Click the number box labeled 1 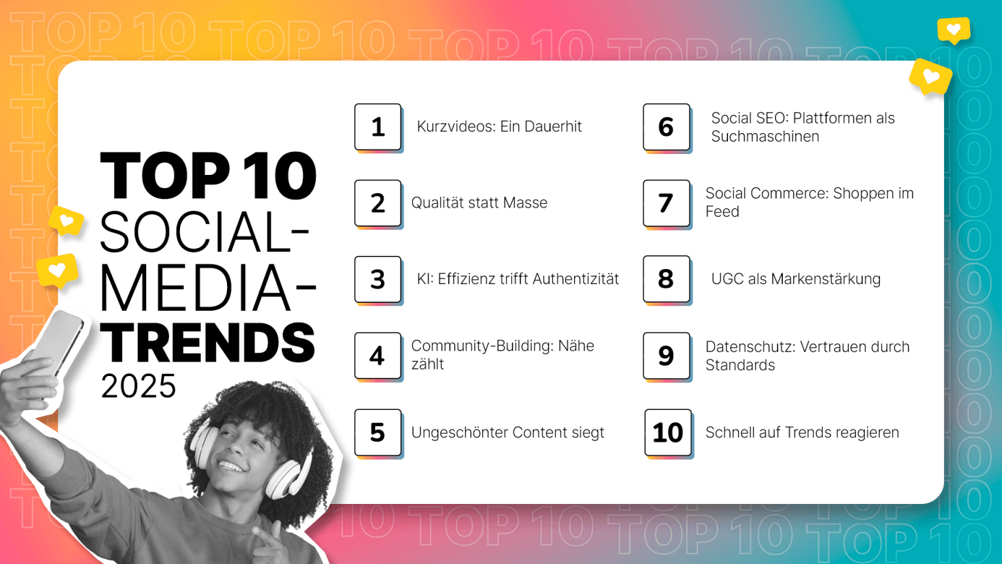pos(378,127)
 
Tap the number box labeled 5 pos(378,432)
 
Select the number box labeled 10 pos(667,432)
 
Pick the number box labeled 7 pos(666,203)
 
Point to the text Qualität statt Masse pos(479,203)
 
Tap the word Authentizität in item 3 pos(575,279)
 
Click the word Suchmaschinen pos(765,136)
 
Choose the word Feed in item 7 pos(722,211)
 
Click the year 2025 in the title pos(138,386)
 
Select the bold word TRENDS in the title pos(207,343)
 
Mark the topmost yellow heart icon pos(953,29)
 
